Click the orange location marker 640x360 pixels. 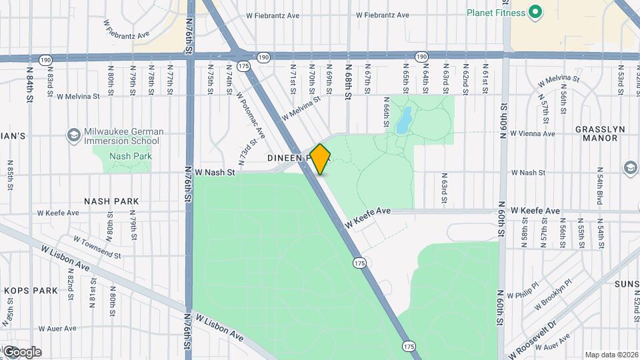click(321, 159)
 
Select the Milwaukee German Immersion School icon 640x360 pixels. click(74, 135)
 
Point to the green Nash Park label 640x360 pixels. click(131, 157)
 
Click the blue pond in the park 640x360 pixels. click(404, 121)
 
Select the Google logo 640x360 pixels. click(21, 351)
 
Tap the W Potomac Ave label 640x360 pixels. click(251, 115)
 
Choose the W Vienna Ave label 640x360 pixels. click(532, 133)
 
